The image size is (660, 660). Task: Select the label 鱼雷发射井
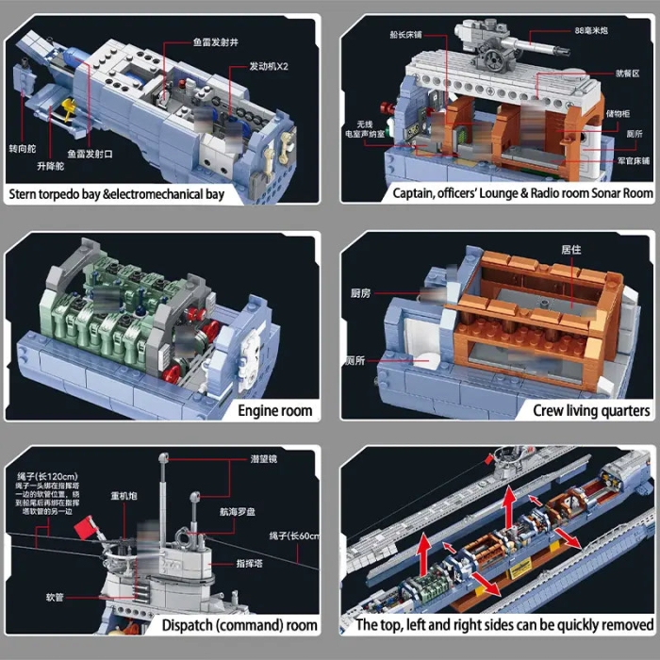coord(216,42)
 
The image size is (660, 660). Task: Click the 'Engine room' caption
coord(274,410)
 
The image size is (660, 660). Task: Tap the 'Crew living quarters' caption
coord(591,410)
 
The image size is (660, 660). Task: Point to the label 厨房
coord(359,292)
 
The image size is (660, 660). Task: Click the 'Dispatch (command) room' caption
coord(239,625)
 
